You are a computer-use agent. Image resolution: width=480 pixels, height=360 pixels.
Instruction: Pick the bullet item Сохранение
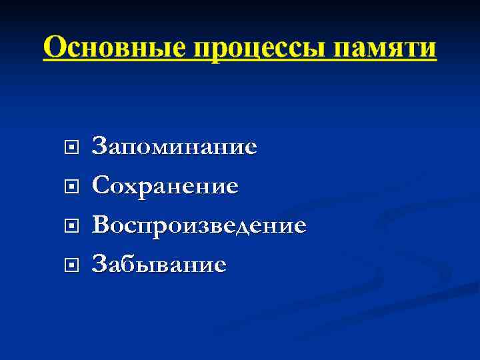pyautogui.click(x=165, y=186)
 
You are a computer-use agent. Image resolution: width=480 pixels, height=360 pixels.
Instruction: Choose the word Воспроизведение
pyautogui.click(x=199, y=225)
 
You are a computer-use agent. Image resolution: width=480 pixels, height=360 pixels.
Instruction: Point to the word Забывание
pyautogui.click(x=159, y=265)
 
